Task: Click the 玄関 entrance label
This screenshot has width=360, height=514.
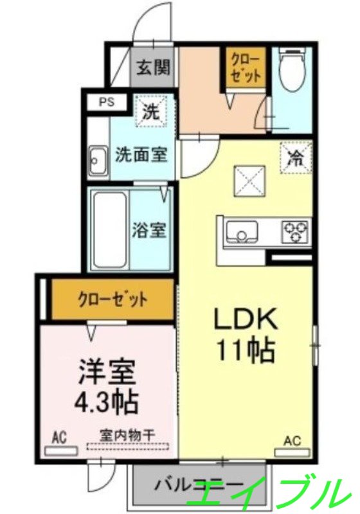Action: (x=153, y=67)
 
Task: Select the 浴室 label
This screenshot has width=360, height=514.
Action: (x=150, y=230)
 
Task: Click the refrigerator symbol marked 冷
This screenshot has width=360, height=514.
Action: (x=296, y=156)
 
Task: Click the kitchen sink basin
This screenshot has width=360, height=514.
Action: (x=240, y=230)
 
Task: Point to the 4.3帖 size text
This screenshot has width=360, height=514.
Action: (x=106, y=403)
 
